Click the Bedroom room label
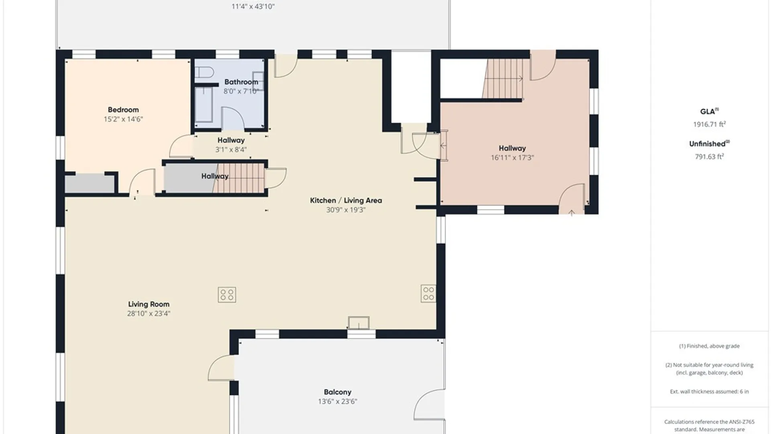coord(123,110)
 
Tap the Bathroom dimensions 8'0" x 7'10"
coord(241,91)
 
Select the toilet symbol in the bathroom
coord(204,72)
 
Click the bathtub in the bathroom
coord(204,104)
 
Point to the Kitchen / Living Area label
coord(346,200)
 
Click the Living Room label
coord(149,304)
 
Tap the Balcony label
coord(337,392)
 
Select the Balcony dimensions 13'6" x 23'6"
coord(337,401)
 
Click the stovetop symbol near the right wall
coord(428,294)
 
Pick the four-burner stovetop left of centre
coord(227,295)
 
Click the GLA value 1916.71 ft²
coord(709,124)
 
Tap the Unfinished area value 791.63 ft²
coord(709,156)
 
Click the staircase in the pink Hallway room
coord(503,79)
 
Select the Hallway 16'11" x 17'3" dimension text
coord(512,158)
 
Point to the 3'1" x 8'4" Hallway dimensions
coord(231,149)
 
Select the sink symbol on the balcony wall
coord(359,323)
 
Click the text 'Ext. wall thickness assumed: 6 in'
coord(709,391)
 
